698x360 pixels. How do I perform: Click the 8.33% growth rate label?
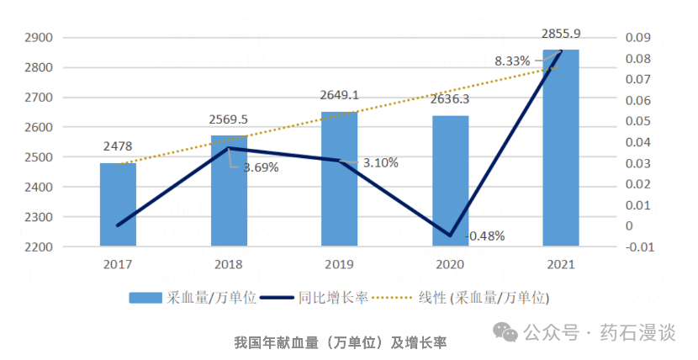[x=512, y=61]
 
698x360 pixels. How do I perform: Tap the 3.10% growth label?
[x=381, y=162]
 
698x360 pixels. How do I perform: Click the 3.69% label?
[x=261, y=167]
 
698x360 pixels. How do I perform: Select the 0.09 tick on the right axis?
[x=637, y=38]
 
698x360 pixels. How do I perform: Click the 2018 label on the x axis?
[x=229, y=264]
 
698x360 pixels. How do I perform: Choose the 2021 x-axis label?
[x=560, y=264]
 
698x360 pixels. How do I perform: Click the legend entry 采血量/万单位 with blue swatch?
[x=189, y=297]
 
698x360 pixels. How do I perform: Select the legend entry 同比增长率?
[x=321, y=297]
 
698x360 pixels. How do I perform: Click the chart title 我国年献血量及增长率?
[x=340, y=342]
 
